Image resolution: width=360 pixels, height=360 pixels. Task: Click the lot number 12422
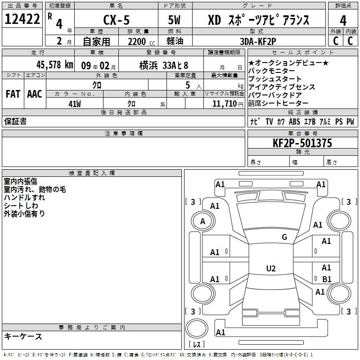coord(22,19)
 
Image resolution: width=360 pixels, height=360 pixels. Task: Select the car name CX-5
coord(117,20)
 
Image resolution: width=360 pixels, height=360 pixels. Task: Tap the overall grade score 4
coord(343,21)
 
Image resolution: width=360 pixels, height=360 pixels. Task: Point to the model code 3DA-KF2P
coord(258,41)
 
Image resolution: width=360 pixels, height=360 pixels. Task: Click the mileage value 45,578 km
coord(54,65)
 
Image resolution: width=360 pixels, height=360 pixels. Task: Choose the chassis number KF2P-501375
coord(302,143)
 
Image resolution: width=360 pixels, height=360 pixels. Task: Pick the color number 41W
coord(75,104)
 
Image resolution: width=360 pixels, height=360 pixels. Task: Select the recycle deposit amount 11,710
coord(224,103)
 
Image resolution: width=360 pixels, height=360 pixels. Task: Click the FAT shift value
coord(13,94)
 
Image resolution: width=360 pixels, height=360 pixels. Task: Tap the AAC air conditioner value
coord(35,94)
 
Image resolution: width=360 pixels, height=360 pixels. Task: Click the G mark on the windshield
coord(284,237)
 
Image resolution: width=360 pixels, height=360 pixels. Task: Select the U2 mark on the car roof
coord(271,268)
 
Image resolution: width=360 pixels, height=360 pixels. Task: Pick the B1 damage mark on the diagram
coord(327,279)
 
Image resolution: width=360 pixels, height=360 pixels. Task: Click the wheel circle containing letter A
coord(203,221)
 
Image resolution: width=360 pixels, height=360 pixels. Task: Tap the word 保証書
coord(15,121)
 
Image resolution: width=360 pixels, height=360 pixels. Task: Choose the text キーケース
coord(23,336)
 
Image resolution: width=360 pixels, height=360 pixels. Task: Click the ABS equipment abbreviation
coord(294,121)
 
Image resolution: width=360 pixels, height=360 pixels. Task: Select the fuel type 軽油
coord(175,41)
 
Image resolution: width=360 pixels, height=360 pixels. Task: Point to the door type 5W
coord(174,20)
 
